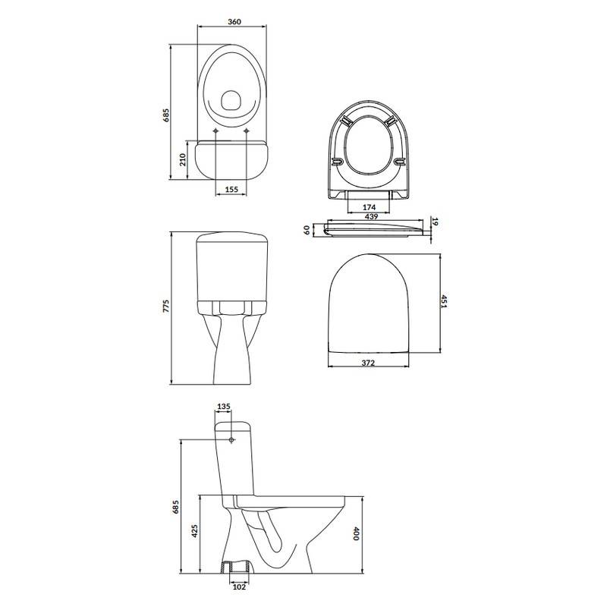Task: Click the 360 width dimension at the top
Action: point(234,22)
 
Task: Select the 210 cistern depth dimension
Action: point(183,159)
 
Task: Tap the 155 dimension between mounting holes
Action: point(231,189)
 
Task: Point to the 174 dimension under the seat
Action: point(369,207)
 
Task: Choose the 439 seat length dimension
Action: point(371,217)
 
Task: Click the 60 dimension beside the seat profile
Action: point(307,231)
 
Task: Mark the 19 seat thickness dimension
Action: point(435,222)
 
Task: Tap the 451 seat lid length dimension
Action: point(445,301)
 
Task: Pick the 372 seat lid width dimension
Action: point(368,363)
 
